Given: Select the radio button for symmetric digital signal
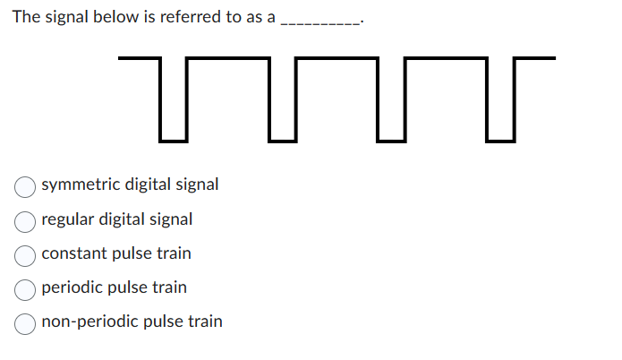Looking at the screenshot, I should (x=25, y=185).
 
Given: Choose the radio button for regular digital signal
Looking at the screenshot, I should (x=25, y=220).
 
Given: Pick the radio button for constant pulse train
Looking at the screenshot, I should (x=25, y=254).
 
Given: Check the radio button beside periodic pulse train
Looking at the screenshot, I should (x=25, y=288).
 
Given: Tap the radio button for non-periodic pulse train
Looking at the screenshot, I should (x=25, y=322).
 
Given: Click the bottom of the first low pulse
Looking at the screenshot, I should (x=174, y=141).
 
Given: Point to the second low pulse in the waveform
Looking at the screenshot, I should (x=283, y=141).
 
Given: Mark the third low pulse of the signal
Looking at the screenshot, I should (x=392, y=141).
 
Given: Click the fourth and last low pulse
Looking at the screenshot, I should (x=502, y=141).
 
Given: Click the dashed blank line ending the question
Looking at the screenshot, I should (x=320, y=22).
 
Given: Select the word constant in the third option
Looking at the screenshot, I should (x=75, y=253).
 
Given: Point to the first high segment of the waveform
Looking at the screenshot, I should (x=139, y=58).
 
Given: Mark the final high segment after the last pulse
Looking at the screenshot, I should (x=534, y=58).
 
